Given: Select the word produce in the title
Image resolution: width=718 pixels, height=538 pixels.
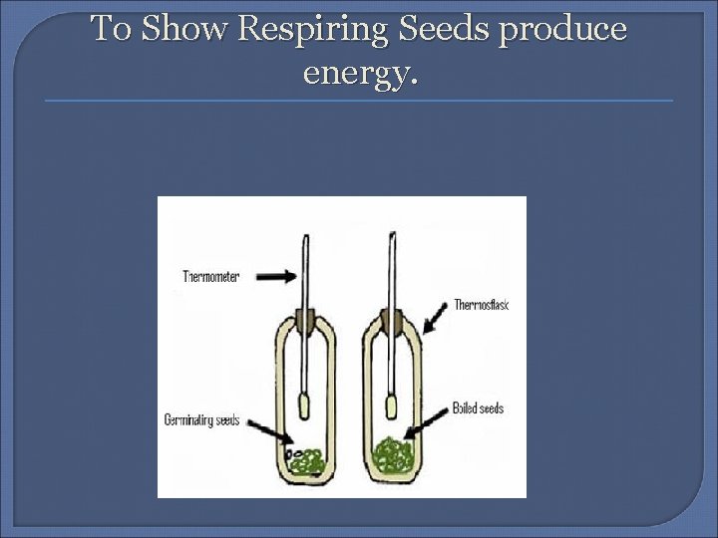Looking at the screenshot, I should (562, 30).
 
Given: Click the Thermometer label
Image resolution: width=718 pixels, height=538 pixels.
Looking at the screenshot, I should (210, 277).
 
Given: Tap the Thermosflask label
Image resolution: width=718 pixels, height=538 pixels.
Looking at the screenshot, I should (481, 305).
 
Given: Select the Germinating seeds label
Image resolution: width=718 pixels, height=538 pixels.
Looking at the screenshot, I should (202, 419).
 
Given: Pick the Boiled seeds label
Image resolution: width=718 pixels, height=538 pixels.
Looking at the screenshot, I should (478, 408).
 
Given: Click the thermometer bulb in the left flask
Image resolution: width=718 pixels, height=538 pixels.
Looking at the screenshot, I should (306, 407).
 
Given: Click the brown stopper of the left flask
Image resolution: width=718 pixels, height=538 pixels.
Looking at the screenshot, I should (306, 322).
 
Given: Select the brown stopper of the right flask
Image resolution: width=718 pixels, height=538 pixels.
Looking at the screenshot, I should (392, 321).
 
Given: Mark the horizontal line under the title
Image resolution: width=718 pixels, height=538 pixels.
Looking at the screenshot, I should (359, 101).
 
